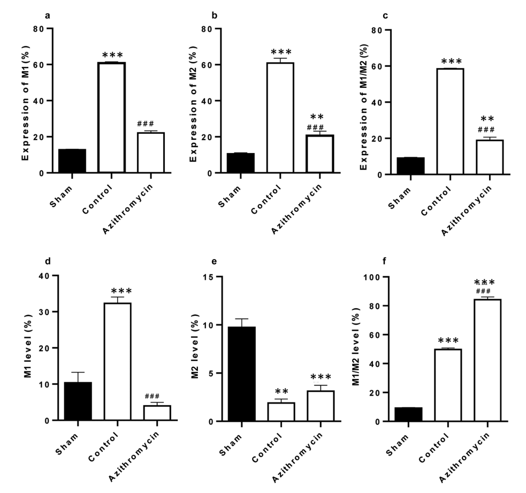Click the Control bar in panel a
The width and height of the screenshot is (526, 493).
click(111, 118)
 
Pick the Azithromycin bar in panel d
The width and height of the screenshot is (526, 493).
click(157, 413)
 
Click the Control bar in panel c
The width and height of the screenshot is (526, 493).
click(449, 122)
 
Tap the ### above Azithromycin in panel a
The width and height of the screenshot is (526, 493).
click(145, 123)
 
